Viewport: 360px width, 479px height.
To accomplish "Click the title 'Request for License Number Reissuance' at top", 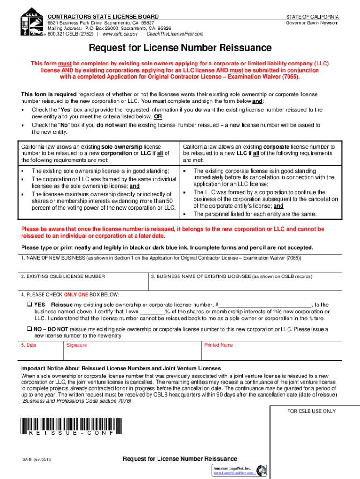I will coord(180,48).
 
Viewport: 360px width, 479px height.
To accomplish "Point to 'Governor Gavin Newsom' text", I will coord(312,22).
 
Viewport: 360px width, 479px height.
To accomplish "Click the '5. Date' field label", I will coord(29,345).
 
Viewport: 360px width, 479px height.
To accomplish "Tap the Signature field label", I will coord(77,345).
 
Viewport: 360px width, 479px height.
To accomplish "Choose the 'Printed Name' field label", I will coord(218,345).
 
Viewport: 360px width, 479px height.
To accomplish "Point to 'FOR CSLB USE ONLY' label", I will coord(311,411).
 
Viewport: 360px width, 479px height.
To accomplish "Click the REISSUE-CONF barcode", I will coord(68,427).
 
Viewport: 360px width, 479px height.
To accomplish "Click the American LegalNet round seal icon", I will coord(262,470).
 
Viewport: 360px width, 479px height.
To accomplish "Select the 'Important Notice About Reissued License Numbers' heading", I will coord(121,369).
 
